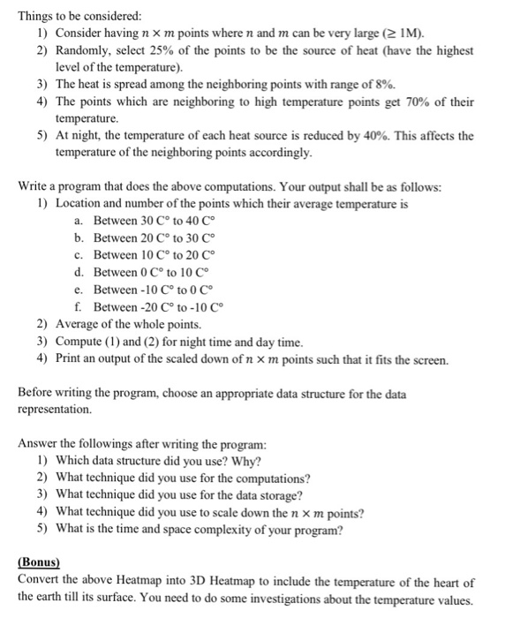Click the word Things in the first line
click(x=35, y=15)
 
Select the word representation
click(x=55, y=410)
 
